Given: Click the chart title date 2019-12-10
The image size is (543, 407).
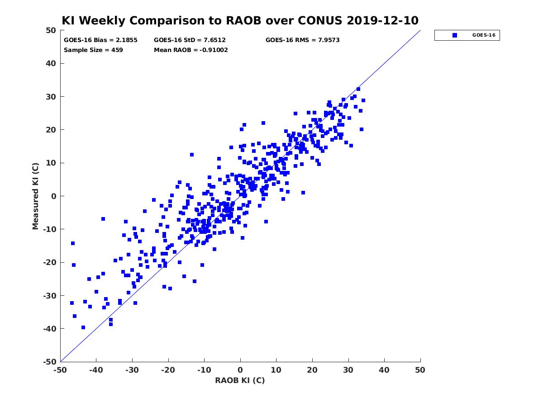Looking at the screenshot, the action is point(382,20).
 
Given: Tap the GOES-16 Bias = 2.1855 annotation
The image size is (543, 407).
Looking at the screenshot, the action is point(100,40).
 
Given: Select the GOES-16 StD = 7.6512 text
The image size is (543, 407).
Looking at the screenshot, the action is point(190,40).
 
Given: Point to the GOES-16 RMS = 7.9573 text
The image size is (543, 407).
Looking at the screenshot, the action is point(303,40).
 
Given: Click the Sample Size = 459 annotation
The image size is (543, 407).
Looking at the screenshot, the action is point(93,50).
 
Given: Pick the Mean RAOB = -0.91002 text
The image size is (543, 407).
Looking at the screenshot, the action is point(191,50).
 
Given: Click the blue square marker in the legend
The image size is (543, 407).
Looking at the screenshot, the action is point(455,35).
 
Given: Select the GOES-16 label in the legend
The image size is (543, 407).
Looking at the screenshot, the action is point(484,35).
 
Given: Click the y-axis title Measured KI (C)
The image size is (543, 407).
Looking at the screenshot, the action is point(35,196).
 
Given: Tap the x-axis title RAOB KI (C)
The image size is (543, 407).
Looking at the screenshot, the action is point(240,380).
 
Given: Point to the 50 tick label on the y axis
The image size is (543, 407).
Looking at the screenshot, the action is point(51,30).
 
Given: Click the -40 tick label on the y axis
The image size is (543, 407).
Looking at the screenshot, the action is point(50,329).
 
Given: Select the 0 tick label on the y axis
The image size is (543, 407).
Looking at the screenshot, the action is point(54,196).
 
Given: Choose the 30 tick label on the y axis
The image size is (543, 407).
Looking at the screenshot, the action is point(51,97).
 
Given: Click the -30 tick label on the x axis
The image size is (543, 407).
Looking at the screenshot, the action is point(132,370).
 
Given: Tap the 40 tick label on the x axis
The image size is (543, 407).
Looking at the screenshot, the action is point(384,370).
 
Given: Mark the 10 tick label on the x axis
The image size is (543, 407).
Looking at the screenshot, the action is point(276,370).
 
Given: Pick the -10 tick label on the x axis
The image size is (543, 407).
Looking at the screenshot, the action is point(204,370).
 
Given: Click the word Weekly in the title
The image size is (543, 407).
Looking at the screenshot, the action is point(102,21).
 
